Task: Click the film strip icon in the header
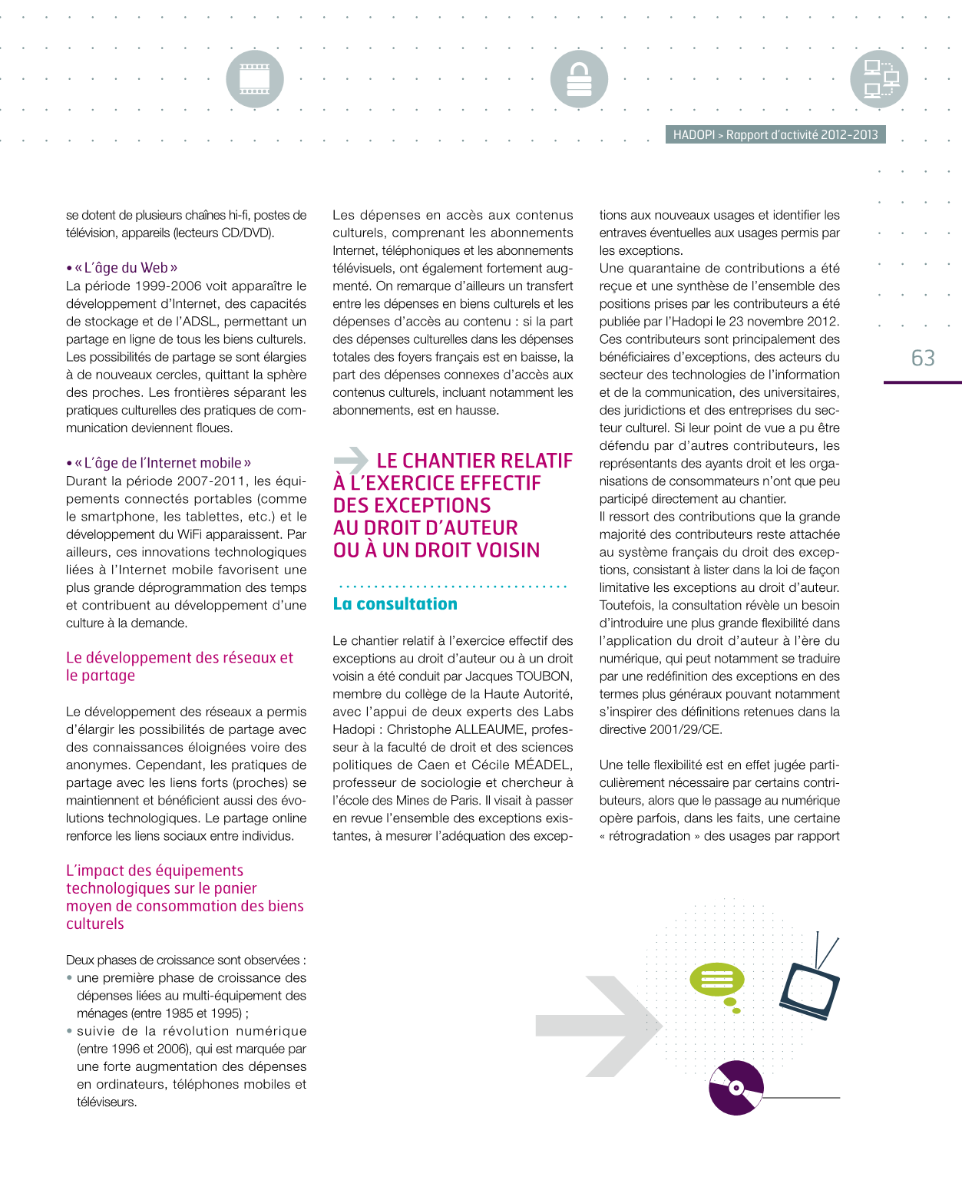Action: pos(255,79)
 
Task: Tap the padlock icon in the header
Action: pos(579,79)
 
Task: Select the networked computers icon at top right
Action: pos(879,79)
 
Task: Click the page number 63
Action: pos(923,359)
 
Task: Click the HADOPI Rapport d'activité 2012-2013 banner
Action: pos(775,135)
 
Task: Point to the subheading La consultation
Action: pos(395,604)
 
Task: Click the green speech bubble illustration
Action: pos(717,980)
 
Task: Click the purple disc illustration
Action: pos(736,1087)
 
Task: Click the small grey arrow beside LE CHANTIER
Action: pos(352,460)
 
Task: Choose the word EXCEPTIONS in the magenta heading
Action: pos(412,505)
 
